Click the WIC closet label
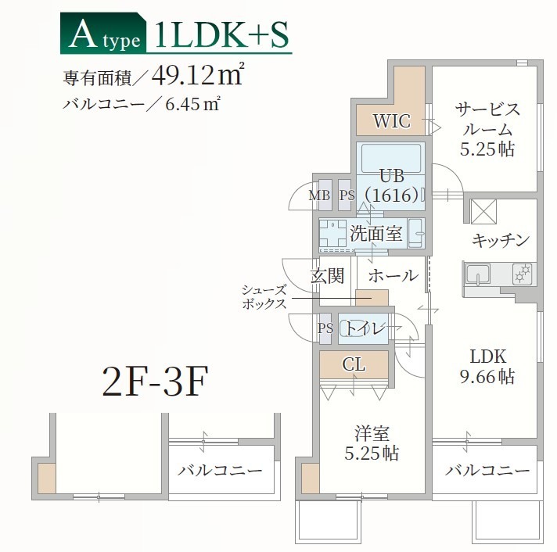pos(391,121)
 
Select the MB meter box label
pos(319,195)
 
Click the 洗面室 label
pos(376,232)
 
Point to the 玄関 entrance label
pos(327,275)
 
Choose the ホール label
pos(392,275)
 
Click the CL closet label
pos(354,364)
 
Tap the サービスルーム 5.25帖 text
pos(487,128)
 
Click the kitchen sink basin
pos(477,274)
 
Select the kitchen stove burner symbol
pos(522,274)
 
